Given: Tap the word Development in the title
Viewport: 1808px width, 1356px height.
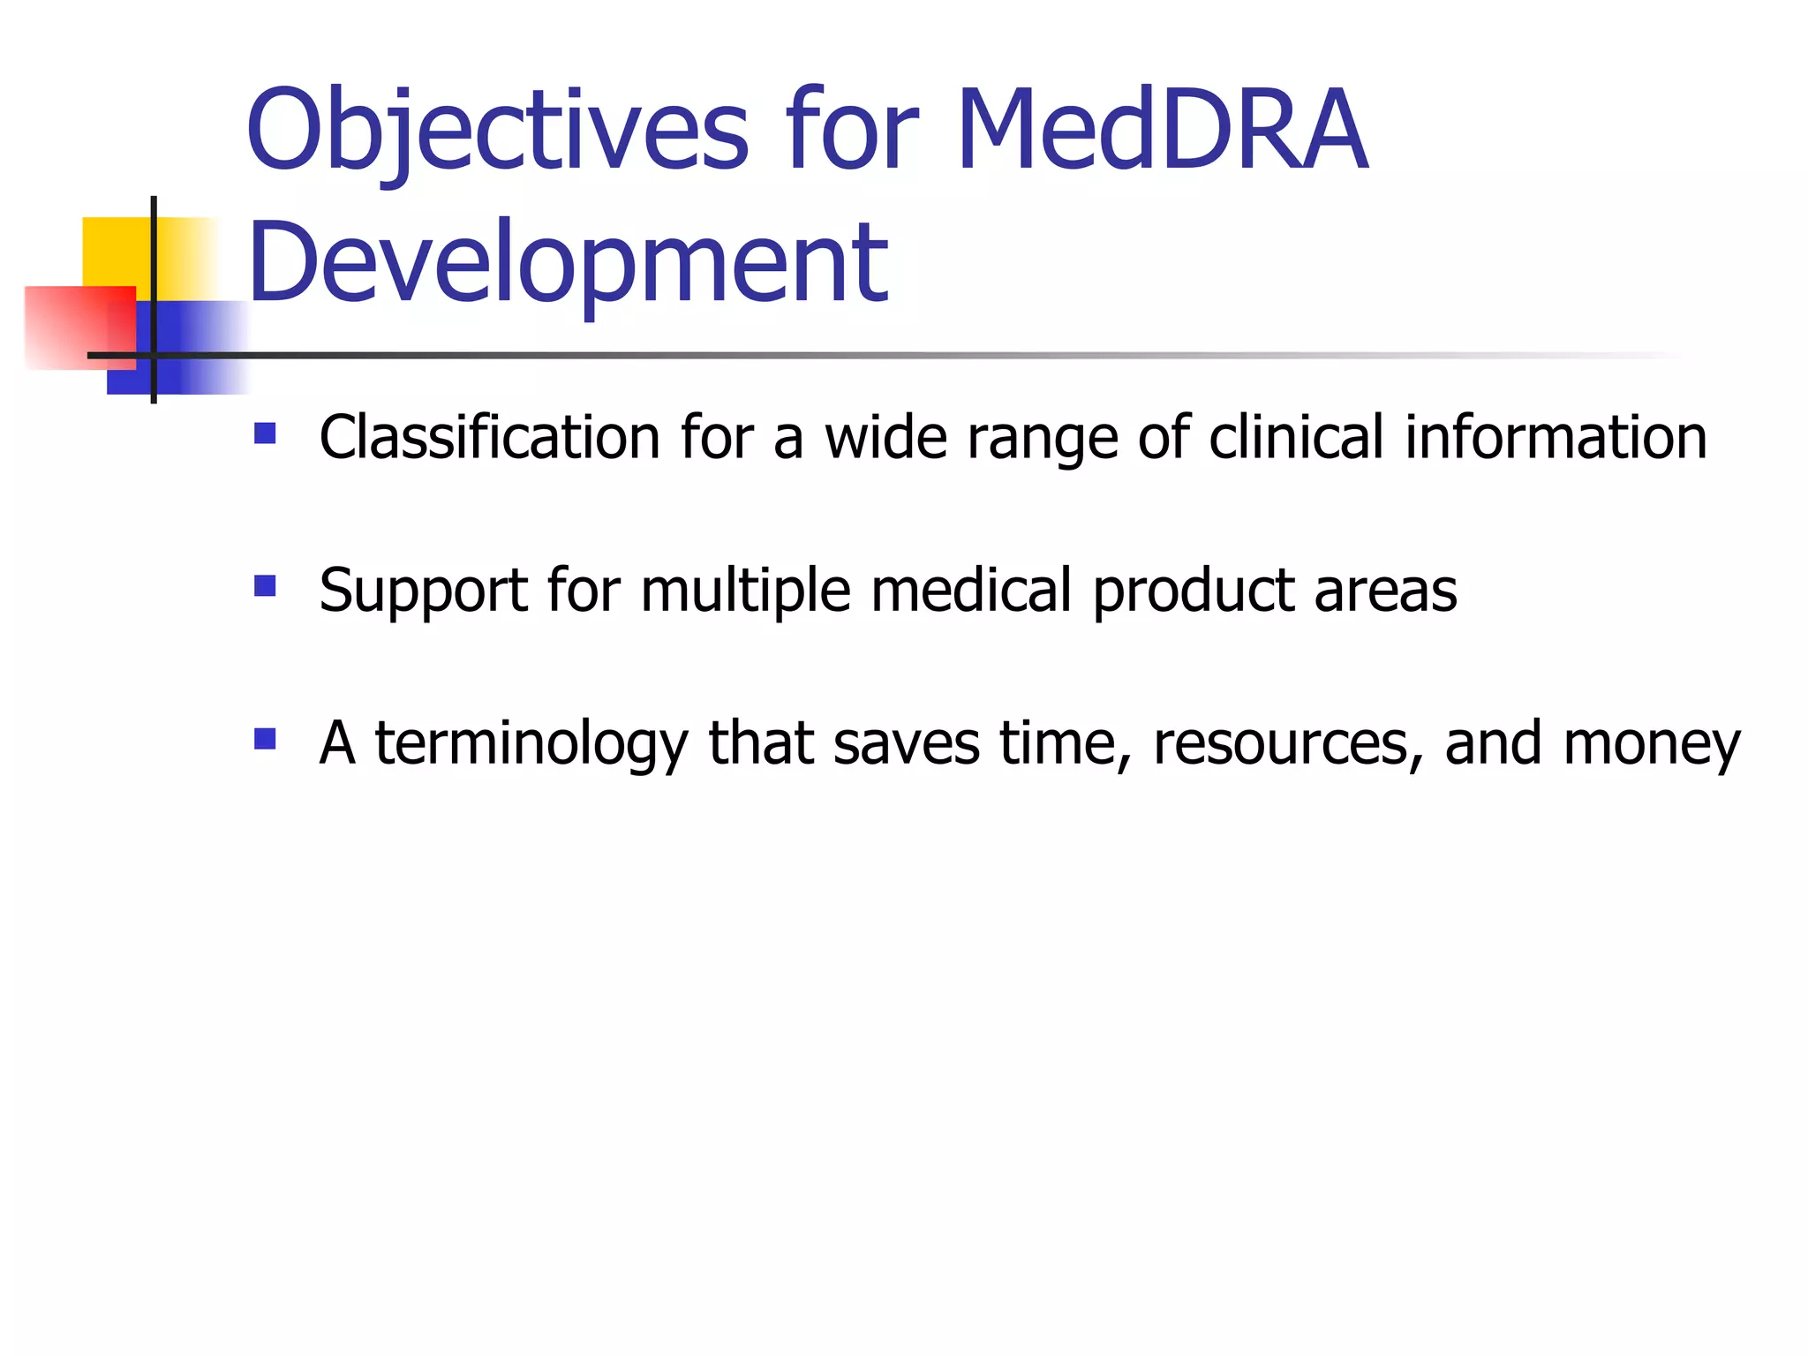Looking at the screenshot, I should pyautogui.click(x=568, y=262).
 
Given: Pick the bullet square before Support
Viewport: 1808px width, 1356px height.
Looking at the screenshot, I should pyautogui.click(x=265, y=586).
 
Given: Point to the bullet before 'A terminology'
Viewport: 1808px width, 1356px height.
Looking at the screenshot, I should pyautogui.click(x=265, y=738).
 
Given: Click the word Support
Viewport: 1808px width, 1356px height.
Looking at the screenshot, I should pyautogui.click(x=423, y=591).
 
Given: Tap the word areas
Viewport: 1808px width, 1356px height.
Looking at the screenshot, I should pyautogui.click(x=1385, y=592).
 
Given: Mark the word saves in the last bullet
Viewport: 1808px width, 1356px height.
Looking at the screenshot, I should pyautogui.click(x=906, y=744).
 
